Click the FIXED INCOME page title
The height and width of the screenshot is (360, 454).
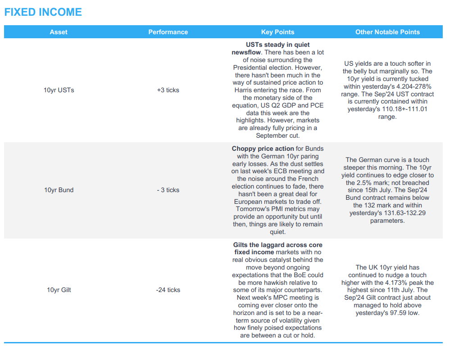[43, 12]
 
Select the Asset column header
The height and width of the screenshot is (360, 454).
[59, 32]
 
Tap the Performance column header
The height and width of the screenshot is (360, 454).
[168, 32]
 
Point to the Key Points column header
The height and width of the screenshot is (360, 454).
[277, 32]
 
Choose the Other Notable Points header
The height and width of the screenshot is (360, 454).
[387, 32]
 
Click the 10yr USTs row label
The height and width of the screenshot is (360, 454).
[59, 90]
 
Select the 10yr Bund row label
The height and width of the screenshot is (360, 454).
[59, 190]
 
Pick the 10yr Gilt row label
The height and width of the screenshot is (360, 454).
[59, 290]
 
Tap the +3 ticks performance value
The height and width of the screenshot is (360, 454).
[168, 90]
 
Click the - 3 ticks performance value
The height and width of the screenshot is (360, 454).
[168, 190]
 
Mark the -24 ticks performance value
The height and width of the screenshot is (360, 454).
[168, 290]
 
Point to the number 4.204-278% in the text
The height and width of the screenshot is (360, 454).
[407, 86]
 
